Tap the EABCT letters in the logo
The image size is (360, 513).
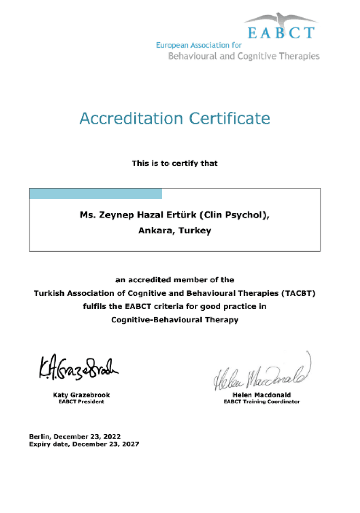point(280,33)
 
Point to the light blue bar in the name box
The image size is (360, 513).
point(95,194)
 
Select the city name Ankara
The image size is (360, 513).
point(155,231)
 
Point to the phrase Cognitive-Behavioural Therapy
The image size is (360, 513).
point(175,320)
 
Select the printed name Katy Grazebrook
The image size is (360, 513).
point(81,395)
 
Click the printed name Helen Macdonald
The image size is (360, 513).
point(261,395)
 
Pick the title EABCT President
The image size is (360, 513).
point(81,402)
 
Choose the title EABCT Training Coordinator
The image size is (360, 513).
point(261,402)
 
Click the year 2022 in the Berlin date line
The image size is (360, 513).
point(112,436)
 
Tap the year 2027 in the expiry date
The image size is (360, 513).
point(130,444)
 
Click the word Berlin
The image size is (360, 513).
point(39,436)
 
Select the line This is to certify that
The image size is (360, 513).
point(175,164)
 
